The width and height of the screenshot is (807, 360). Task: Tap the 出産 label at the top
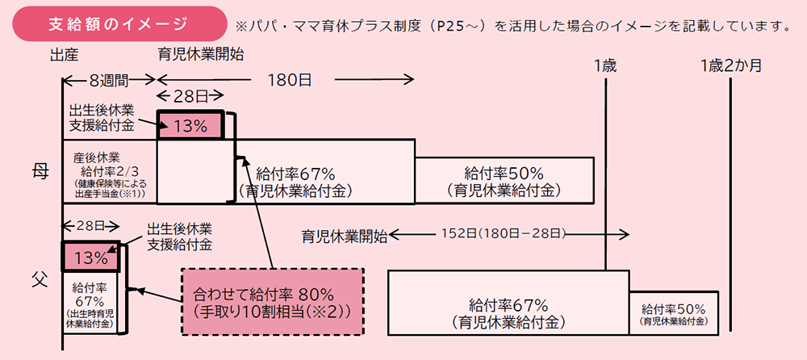click(62, 55)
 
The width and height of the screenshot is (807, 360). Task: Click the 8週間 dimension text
click(108, 80)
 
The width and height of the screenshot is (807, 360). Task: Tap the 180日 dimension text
click(283, 80)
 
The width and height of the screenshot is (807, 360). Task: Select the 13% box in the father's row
click(90, 258)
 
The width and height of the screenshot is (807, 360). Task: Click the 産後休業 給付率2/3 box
click(108, 171)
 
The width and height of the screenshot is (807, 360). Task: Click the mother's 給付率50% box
click(504, 180)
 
